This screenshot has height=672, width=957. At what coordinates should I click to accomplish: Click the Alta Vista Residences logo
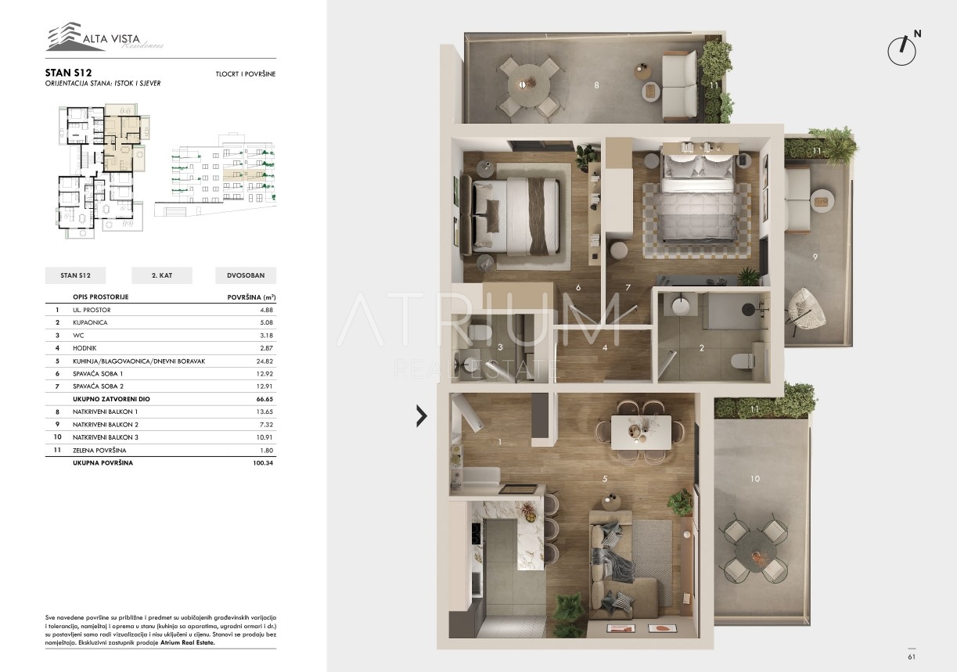pyautogui.click(x=105, y=37)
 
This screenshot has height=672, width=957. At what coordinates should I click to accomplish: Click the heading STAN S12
pyautogui.click(x=68, y=73)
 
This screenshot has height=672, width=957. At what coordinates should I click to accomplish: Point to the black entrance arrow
pyautogui.click(x=421, y=415)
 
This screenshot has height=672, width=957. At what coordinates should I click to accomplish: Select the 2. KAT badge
pyautogui.click(x=162, y=275)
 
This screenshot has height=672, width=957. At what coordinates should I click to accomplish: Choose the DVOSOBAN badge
pyautogui.click(x=246, y=275)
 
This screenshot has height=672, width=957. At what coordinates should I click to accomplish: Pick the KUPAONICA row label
pyautogui.click(x=90, y=322)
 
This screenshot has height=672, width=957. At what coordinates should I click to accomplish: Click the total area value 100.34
pyautogui.click(x=263, y=462)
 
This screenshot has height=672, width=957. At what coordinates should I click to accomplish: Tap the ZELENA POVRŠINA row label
pyautogui.click(x=99, y=451)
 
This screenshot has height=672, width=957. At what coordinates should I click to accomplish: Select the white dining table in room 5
pyautogui.click(x=641, y=432)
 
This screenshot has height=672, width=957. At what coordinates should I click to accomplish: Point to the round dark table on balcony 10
pyautogui.click(x=755, y=552)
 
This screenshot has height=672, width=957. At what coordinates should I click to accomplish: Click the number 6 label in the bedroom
pyautogui.click(x=578, y=288)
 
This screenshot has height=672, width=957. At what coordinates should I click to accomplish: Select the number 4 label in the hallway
pyautogui.click(x=605, y=348)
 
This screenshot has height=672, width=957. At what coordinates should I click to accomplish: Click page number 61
pyautogui.click(x=912, y=657)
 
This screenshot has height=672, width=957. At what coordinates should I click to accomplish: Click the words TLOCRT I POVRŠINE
pyautogui.click(x=246, y=74)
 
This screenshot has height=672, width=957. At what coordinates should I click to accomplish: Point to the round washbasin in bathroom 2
pyautogui.click(x=681, y=305)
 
